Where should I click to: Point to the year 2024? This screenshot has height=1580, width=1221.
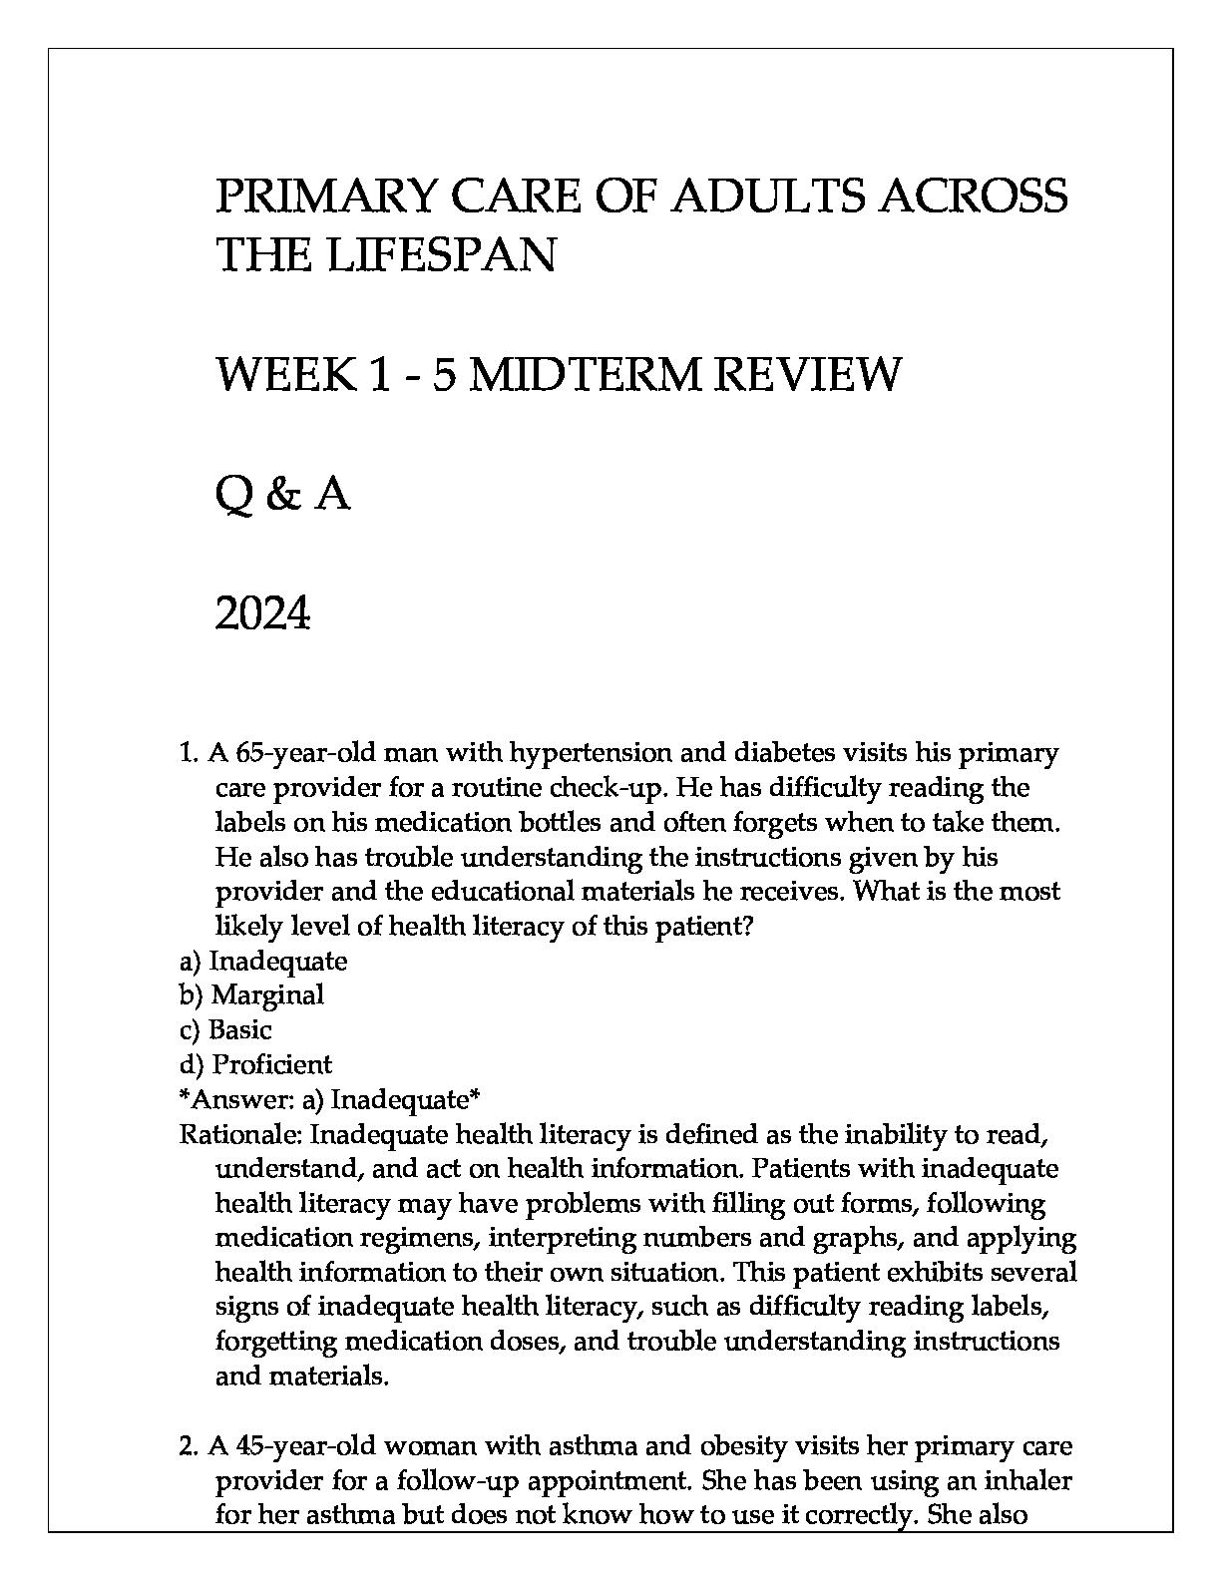[x=263, y=614]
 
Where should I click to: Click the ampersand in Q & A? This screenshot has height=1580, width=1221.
[x=283, y=495]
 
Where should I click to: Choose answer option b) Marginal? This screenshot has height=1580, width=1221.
[x=252, y=994]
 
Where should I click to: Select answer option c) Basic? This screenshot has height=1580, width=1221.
[x=225, y=1029]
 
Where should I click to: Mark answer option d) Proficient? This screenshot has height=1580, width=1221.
[x=256, y=1064]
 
